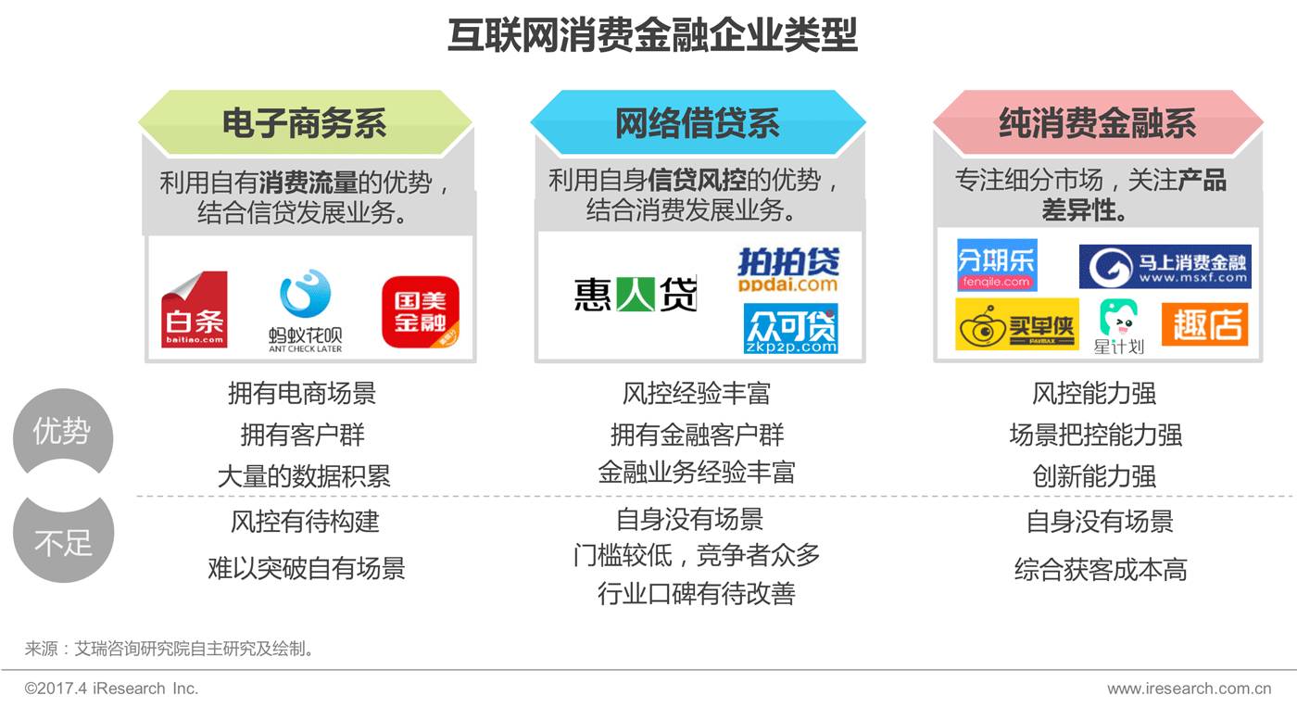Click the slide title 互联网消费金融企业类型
(652, 36)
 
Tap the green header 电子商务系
(304, 123)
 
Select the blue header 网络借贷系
(698, 123)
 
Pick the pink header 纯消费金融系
(1097, 123)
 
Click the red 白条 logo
(195, 309)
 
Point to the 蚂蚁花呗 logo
(306, 310)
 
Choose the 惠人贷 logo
(635, 294)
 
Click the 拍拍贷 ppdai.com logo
(787, 270)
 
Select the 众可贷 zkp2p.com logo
(790, 329)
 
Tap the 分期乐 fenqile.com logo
(996, 265)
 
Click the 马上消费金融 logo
(1165, 267)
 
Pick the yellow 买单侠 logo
(1016, 324)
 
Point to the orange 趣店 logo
(1204, 324)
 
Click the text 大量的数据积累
(304, 476)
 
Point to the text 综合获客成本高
(1100, 569)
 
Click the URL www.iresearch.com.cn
(1189, 688)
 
